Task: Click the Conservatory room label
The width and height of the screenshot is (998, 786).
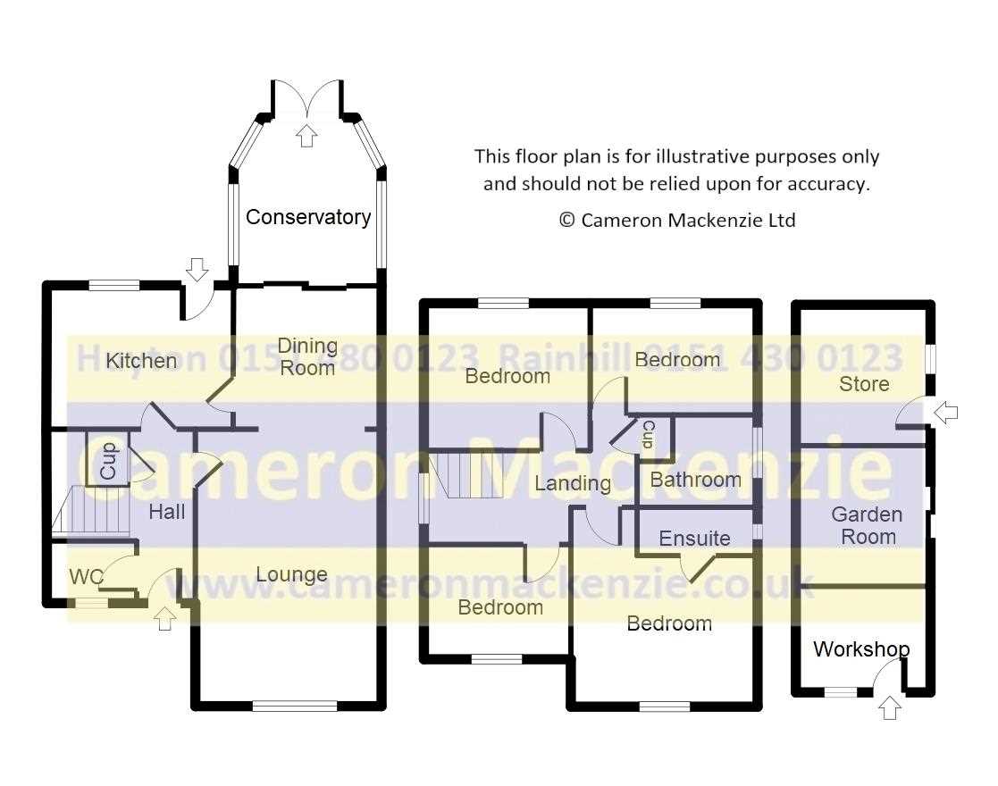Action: (x=308, y=217)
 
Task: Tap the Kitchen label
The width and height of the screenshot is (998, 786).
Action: (x=141, y=361)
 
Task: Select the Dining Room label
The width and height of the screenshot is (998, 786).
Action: (x=307, y=356)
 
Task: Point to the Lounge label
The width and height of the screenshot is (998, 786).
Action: (x=291, y=574)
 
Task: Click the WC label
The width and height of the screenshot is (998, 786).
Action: (x=86, y=577)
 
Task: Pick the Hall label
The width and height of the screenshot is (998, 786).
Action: (x=167, y=511)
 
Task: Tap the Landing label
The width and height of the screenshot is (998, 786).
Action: (x=573, y=484)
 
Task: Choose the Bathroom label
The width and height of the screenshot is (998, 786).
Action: (x=696, y=480)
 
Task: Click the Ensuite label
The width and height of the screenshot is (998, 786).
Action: (x=694, y=539)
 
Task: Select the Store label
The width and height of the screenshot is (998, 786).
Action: (x=864, y=384)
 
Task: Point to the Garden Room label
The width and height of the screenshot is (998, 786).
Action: (x=867, y=525)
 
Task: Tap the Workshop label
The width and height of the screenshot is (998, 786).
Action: (x=861, y=649)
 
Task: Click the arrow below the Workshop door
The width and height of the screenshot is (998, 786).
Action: (x=890, y=707)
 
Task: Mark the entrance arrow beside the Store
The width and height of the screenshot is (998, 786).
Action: (x=946, y=413)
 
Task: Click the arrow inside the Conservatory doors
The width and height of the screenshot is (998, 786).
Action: (x=307, y=136)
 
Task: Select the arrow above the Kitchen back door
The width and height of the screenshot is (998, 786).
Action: (x=197, y=270)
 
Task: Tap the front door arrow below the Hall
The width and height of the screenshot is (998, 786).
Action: (x=165, y=619)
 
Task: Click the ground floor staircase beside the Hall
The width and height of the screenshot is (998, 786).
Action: (x=91, y=510)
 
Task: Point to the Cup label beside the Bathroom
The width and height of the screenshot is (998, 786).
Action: (x=649, y=435)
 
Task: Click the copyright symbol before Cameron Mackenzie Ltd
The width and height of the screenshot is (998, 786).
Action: (x=566, y=221)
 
